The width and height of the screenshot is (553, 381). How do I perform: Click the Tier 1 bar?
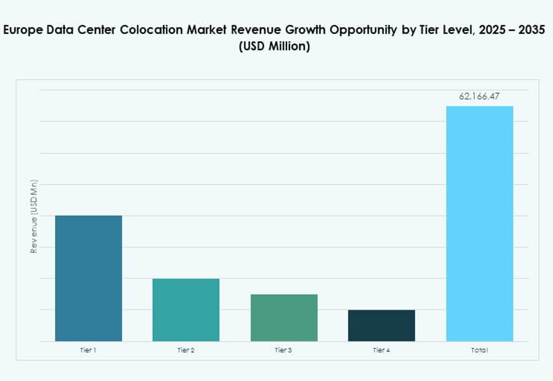pos(89,278)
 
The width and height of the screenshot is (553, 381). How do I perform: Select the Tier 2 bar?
pos(186,310)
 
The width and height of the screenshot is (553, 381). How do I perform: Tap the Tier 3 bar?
pos(284,318)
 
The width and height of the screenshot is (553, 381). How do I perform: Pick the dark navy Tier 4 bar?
pos(381,325)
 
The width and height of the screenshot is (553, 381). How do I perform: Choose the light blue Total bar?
pos(480,224)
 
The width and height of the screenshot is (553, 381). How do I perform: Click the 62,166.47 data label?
pos(480,97)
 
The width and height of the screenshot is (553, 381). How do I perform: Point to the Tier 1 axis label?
pos(89,350)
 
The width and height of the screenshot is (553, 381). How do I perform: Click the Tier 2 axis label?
pos(186,350)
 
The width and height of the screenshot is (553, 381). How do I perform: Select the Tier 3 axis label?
pos(284,350)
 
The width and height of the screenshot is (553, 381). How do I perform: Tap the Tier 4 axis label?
pos(381,350)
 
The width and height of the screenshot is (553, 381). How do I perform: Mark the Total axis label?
pos(480,350)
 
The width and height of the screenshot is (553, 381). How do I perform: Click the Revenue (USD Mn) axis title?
pos(34,216)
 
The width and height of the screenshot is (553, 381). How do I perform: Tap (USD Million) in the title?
pos(274,47)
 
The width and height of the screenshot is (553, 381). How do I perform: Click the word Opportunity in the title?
pos(363,30)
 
